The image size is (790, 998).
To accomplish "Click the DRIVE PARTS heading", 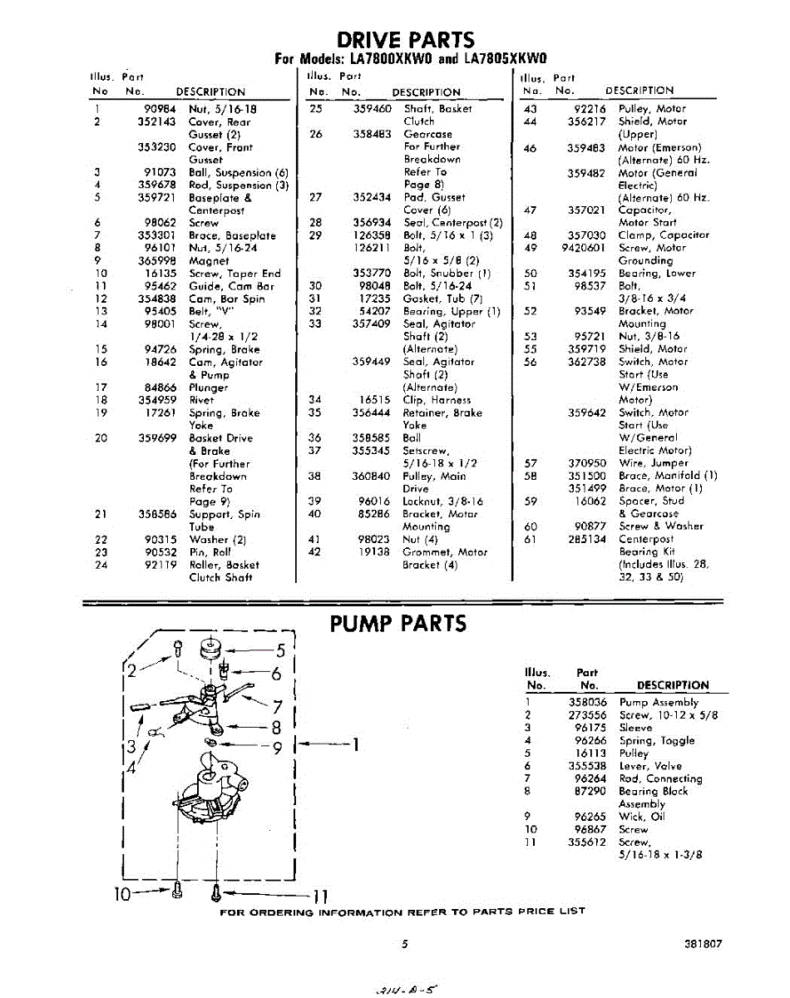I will click(x=406, y=39).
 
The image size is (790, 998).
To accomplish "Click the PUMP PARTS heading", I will click(x=398, y=624).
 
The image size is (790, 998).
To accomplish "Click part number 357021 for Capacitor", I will click(x=586, y=210).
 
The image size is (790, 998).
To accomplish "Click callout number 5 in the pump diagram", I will click(x=280, y=650).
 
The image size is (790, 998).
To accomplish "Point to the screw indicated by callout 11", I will click(x=215, y=892).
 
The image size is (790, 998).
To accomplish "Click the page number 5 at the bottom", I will click(x=405, y=945).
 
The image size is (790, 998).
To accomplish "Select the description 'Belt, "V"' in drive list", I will click(x=211, y=311).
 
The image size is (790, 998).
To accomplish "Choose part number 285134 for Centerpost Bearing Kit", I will click(x=586, y=539).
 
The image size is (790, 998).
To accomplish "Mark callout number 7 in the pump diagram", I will click(x=279, y=707).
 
